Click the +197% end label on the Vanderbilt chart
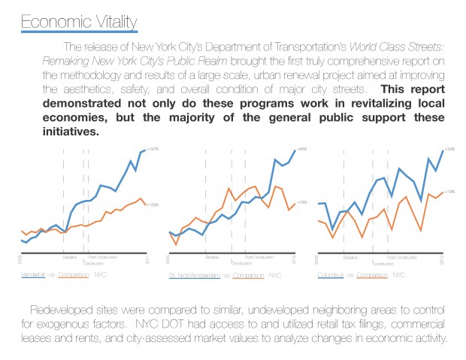(x=153, y=150)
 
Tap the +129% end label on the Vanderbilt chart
(x=153, y=204)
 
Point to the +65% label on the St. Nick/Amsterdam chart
(x=302, y=150)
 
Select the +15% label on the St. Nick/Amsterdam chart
(x=302, y=202)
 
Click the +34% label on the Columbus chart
(x=449, y=150)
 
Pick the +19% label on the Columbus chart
(x=449, y=192)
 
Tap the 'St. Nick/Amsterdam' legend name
(x=195, y=276)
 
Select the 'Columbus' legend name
(x=331, y=275)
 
